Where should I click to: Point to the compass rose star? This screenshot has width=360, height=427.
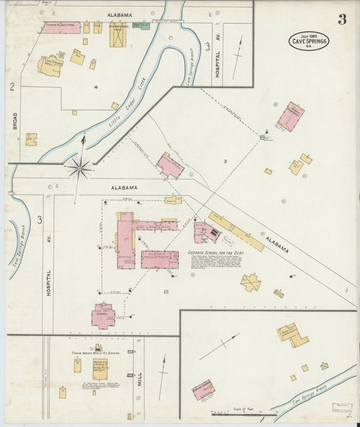click(80, 167)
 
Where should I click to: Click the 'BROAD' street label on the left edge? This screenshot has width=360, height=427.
click(14, 120)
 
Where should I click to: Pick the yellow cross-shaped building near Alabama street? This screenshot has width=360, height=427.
click(251, 282)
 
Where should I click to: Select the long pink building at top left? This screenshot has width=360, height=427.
click(62, 27)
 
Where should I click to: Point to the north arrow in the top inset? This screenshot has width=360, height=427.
click(236, 57)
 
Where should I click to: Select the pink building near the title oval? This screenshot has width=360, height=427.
click(290, 116)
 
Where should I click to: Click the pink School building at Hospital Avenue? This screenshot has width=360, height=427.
click(103, 316)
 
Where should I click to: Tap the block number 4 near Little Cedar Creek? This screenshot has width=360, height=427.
click(96, 87)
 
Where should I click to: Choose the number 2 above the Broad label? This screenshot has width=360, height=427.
click(12, 86)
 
